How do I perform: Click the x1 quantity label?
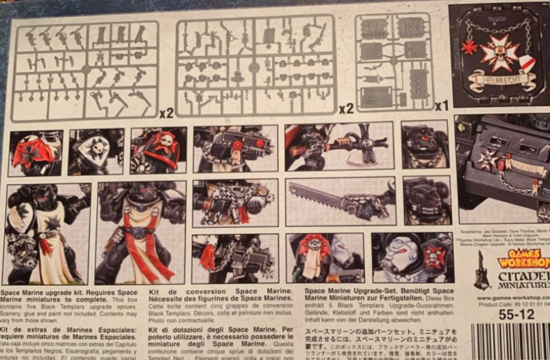442,106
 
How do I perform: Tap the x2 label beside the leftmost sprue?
167,113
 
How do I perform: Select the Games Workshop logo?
524,259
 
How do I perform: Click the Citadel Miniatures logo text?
524,279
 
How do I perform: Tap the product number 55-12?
516,315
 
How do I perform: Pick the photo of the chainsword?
341,201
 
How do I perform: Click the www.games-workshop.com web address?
513,297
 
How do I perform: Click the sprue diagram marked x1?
394,62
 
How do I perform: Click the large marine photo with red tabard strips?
140,232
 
